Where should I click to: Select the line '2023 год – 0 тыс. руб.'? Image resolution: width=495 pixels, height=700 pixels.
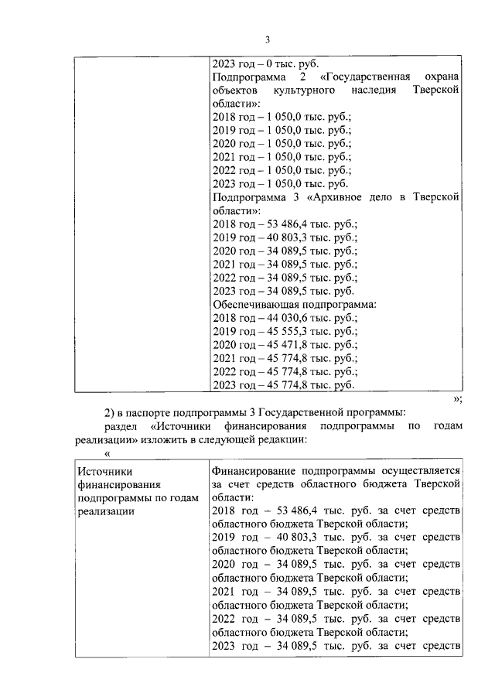tap(265, 63)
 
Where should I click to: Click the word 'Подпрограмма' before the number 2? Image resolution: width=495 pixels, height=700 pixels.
tap(249, 77)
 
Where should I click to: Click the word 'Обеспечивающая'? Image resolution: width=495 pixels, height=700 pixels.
tap(254, 304)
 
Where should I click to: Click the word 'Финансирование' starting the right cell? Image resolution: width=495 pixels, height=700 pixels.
tap(254, 470)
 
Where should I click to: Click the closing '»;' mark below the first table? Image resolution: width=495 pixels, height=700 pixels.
tap(457, 399)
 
